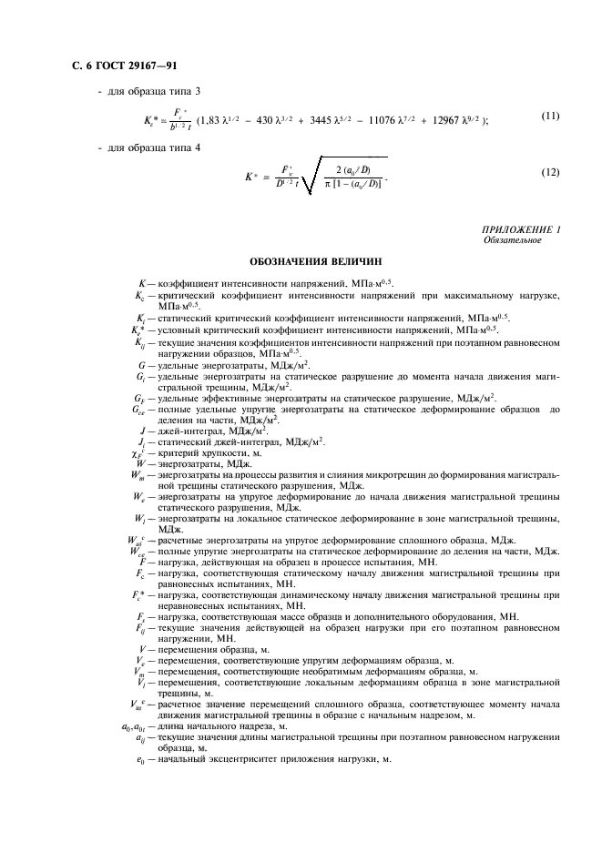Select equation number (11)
click(x=549, y=116)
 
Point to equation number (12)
click(x=549, y=172)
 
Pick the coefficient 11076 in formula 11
click(x=385, y=121)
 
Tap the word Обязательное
click(x=514, y=241)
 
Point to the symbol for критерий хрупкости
click(x=138, y=451)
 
